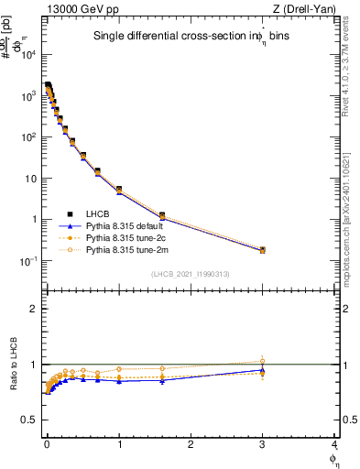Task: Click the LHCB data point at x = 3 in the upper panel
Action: (x=263, y=249)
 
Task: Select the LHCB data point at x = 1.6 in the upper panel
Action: (x=162, y=215)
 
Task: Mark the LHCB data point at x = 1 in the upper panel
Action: (x=119, y=190)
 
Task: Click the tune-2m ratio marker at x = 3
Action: (x=263, y=361)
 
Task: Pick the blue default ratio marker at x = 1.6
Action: (x=162, y=380)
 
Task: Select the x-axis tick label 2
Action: (x=191, y=443)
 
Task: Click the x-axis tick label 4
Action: (x=334, y=443)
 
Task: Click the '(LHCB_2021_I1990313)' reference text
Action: (x=190, y=275)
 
